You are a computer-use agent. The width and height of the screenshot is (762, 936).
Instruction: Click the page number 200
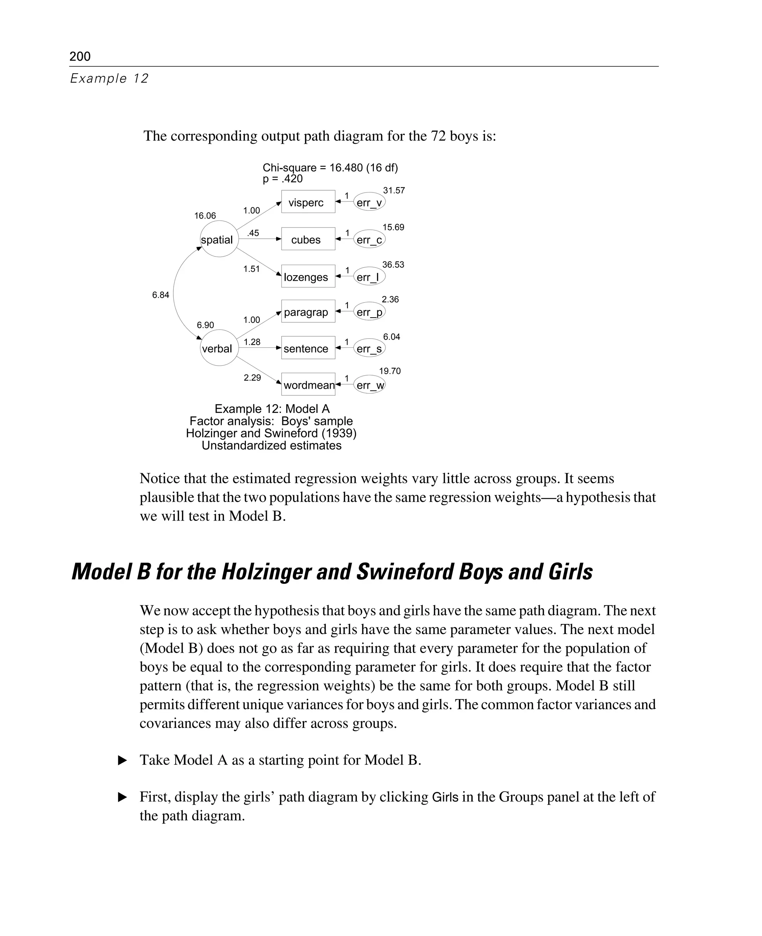pyautogui.click(x=80, y=56)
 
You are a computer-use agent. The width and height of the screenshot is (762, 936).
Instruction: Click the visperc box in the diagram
pyautogui.click(x=308, y=202)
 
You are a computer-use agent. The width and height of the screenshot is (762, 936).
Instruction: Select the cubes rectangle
pyautogui.click(x=308, y=239)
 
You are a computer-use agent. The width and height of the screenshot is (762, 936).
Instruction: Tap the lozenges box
pyautogui.click(x=308, y=276)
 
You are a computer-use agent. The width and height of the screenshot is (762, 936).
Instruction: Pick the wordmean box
pyautogui.click(x=308, y=384)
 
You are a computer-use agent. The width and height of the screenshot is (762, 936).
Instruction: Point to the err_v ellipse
pyautogui.click(x=369, y=202)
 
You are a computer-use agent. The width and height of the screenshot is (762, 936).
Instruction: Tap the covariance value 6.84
pyautogui.click(x=160, y=295)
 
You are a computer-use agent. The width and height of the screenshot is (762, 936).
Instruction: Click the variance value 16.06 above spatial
pyautogui.click(x=205, y=216)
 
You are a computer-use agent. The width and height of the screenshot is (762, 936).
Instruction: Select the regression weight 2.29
pyautogui.click(x=252, y=377)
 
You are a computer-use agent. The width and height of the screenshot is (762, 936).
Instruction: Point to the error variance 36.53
pyautogui.click(x=393, y=264)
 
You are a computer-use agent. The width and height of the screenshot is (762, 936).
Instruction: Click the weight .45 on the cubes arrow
pyautogui.click(x=253, y=233)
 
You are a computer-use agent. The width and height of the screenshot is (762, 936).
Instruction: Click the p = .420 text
pyautogui.click(x=282, y=179)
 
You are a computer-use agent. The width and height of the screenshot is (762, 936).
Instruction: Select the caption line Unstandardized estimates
pyautogui.click(x=271, y=445)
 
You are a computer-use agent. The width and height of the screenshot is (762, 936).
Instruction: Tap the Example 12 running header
pyautogui.click(x=109, y=78)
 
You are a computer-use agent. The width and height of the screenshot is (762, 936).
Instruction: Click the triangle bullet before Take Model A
pyautogui.click(x=122, y=760)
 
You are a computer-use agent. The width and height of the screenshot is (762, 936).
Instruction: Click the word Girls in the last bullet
pyautogui.click(x=445, y=797)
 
